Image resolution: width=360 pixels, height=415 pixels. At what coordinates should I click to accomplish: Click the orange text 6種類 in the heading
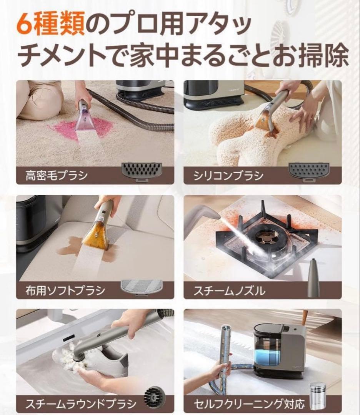50,25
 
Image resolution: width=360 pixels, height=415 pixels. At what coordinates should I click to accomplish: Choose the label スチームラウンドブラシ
80,403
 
